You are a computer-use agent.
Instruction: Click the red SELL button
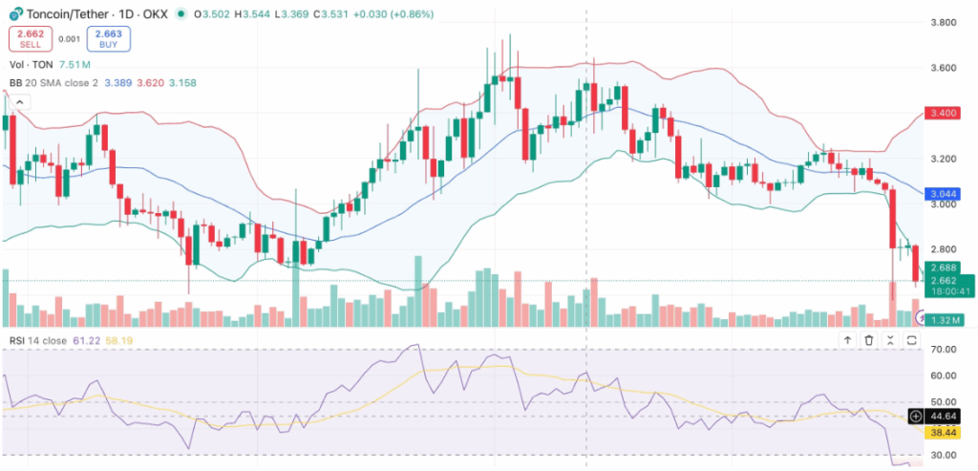pos(31,39)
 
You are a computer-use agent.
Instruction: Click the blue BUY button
pos(108,39)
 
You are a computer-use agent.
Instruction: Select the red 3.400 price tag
pos(946,114)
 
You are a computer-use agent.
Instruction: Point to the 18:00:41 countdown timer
pos(946,291)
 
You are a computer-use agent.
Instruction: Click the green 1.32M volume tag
pos(946,319)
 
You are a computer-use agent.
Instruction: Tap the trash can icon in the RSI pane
pos(869,340)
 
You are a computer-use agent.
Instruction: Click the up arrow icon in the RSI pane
pos(847,340)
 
